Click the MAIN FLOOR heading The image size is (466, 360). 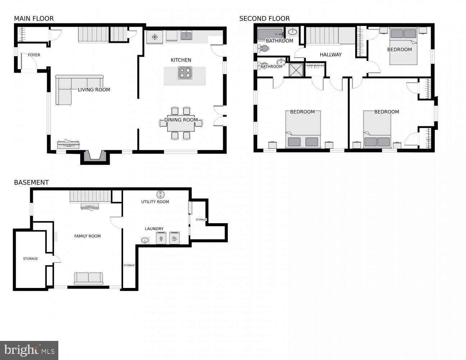34,19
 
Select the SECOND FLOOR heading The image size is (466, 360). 264,19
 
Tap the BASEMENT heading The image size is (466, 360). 31,183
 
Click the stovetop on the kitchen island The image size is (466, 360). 185,73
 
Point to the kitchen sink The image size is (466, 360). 186,35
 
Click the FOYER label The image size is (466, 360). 34,55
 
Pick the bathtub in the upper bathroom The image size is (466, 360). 270,34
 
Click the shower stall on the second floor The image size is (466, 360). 297,70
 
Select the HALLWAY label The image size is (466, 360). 330,55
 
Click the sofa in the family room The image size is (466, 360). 89,278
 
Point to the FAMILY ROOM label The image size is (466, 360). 87,236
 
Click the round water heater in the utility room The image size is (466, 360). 160,194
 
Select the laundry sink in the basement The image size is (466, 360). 145,240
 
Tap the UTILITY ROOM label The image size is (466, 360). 155,202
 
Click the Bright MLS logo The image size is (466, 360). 29,350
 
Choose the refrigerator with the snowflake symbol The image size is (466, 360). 155,37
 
